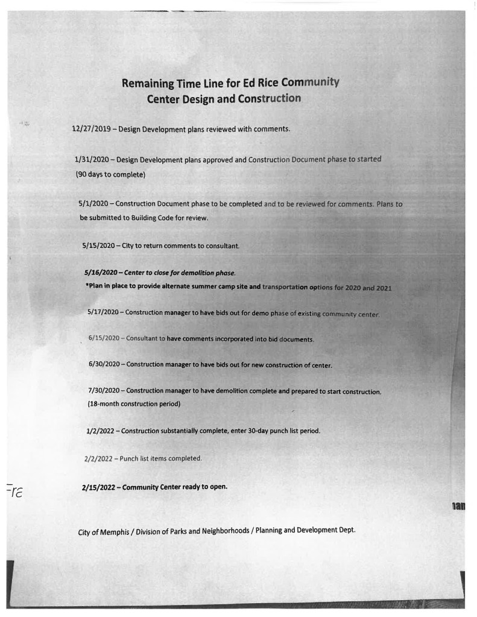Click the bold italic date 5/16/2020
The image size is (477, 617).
[101, 273]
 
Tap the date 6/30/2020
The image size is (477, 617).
[104, 365]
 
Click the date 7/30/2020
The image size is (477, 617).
[104, 390]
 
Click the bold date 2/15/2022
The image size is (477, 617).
[99, 487]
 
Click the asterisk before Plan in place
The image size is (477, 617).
[87, 286]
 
